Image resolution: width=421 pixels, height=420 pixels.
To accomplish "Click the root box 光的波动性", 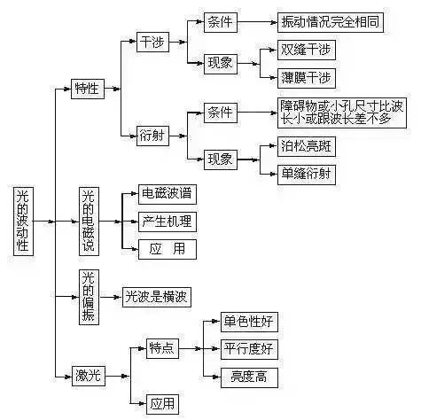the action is coord(23,221).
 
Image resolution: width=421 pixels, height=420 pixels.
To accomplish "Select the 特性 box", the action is coord(88,89).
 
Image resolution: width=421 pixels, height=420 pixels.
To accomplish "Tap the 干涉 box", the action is coord(152,42).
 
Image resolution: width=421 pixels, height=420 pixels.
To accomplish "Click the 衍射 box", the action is coord(152,136).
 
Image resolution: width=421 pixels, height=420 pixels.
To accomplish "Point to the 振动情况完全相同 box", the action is coord(331,22).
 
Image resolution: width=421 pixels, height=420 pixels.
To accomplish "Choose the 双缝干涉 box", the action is coord(307,50).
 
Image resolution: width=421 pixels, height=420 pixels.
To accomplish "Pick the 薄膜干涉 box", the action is coord(307,78).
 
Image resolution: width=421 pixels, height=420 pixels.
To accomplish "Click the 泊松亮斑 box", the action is coord(307,146).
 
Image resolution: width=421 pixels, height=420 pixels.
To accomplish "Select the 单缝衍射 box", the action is coord(307,175).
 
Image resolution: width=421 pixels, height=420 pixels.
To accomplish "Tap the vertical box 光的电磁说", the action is coord(89,221).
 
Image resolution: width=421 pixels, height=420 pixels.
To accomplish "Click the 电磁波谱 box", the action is coord(168,194).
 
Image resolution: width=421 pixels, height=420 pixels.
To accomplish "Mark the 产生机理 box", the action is coord(168,222).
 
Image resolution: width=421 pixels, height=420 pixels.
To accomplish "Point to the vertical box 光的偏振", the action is coord(89,297).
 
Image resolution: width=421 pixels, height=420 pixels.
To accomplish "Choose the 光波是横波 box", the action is coord(157,297).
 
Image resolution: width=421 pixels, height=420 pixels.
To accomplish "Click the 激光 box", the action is coord(89,376).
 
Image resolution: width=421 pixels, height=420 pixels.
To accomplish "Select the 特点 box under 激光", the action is coord(162,348).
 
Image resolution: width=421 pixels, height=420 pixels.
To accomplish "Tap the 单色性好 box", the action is coord(249,322).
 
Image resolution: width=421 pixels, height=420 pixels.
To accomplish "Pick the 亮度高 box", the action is coord(249,377).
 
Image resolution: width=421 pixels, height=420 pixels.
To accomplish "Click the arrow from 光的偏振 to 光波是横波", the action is coord(111,297).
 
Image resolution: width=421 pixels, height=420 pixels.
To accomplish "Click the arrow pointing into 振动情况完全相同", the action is coord(257,22).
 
